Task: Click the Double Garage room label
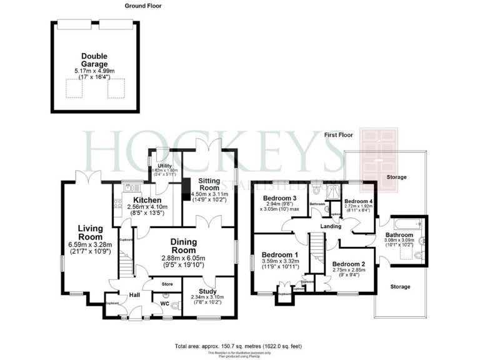click(x=94, y=60)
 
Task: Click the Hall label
click(x=134, y=295)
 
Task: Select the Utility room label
click(x=164, y=166)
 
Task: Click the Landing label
click(x=331, y=226)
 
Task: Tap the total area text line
click(x=239, y=346)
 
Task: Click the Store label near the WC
click(x=167, y=284)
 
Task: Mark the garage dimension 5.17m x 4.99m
click(x=94, y=72)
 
